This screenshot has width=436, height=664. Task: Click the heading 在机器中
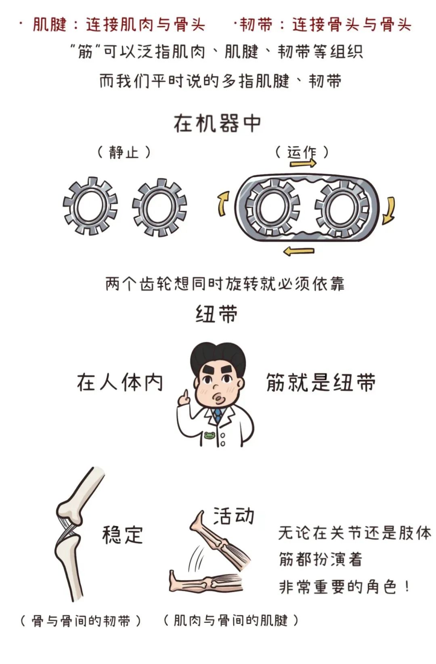point(217,124)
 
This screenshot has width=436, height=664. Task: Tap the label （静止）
point(124,152)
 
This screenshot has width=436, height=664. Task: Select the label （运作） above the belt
point(301,152)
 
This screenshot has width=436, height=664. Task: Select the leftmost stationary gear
point(90,206)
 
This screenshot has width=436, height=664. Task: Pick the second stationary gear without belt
point(159,207)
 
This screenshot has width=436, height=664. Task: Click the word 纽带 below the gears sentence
point(217,314)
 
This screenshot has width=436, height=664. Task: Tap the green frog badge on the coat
point(210,435)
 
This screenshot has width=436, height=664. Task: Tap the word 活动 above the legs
point(234,516)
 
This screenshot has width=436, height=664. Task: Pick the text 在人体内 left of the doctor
point(120,383)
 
